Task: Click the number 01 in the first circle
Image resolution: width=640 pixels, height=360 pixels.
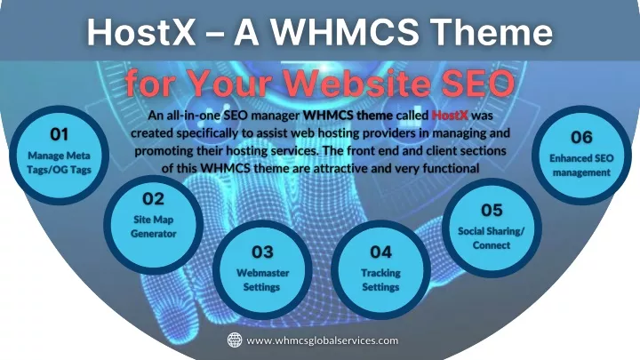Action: pos(60,134)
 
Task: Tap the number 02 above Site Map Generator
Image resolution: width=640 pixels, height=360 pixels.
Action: pos(153,199)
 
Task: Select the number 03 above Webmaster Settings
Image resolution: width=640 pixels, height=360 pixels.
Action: pos(262,252)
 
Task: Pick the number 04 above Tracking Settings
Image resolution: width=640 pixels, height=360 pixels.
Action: pos(380,252)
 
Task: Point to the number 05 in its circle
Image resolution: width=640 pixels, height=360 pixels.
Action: pos(492,210)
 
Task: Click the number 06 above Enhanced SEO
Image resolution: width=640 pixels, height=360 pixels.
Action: pos(581,137)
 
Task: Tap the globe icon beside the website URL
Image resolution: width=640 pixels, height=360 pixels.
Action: pos(235,340)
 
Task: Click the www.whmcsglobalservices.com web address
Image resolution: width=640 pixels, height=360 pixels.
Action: pos(323,340)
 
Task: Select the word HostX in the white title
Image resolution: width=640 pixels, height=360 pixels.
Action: pos(141,32)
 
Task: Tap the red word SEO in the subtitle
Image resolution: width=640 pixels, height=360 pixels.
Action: pos(478,83)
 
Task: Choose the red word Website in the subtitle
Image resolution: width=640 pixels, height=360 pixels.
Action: pos(357,83)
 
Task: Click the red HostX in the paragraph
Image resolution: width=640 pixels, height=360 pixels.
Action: pos(450,115)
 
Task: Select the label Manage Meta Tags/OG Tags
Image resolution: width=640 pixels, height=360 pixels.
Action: pos(60,163)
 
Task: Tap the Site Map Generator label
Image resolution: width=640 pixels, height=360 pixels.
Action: pos(154,227)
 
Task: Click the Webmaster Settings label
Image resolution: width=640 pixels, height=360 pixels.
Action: pos(262,280)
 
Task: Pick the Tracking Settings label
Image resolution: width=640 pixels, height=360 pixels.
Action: pos(380,280)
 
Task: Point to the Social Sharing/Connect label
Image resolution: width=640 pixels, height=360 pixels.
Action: pos(491,238)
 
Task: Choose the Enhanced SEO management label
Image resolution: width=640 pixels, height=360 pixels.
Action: pos(581,165)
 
